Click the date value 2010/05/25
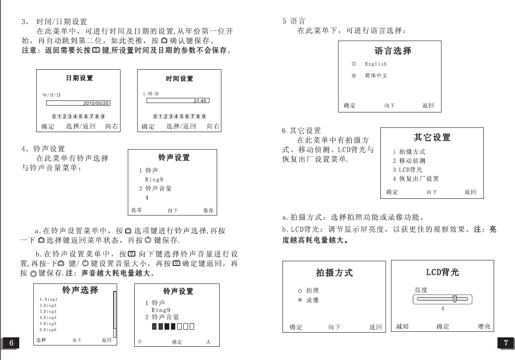[x=96, y=103]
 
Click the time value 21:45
[x=200, y=101]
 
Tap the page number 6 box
[x=12, y=343]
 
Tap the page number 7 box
[x=506, y=343]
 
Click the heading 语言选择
[x=393, y=51]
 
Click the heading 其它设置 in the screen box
[x=432, y=137]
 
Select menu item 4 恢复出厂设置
[x=416, y=179]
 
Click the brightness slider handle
[x=455, y=299]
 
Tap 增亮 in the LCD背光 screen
[x=484, y=327]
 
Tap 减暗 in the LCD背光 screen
[x=402, y=327]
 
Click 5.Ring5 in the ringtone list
[x=48, y=324]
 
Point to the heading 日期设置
[x=79, y=78]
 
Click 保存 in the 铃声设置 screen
[x=208, y=210]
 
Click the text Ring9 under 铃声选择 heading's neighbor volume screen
[x=161, y=310]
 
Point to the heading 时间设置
[x=180, y=79]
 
